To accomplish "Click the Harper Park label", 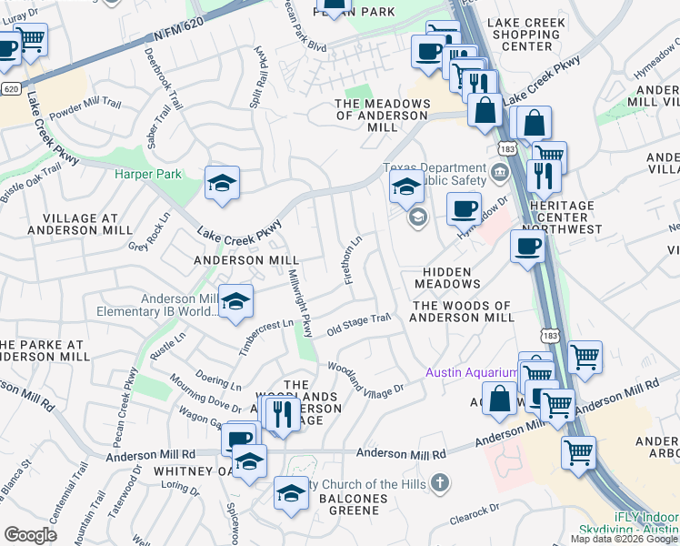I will (x=148, y=174).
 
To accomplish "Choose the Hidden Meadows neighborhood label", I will (x=445, y=278).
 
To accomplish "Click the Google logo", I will (x=30, y=535).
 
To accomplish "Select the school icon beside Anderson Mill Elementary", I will (x=235, y=305).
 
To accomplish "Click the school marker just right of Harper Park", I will (x=222, y=185).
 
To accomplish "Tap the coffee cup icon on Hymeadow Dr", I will (x=464, y=209).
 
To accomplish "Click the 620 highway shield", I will (x=11, y=88).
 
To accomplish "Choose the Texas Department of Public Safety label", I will (x=435, y=174).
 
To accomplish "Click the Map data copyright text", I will (x=625, y=538).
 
